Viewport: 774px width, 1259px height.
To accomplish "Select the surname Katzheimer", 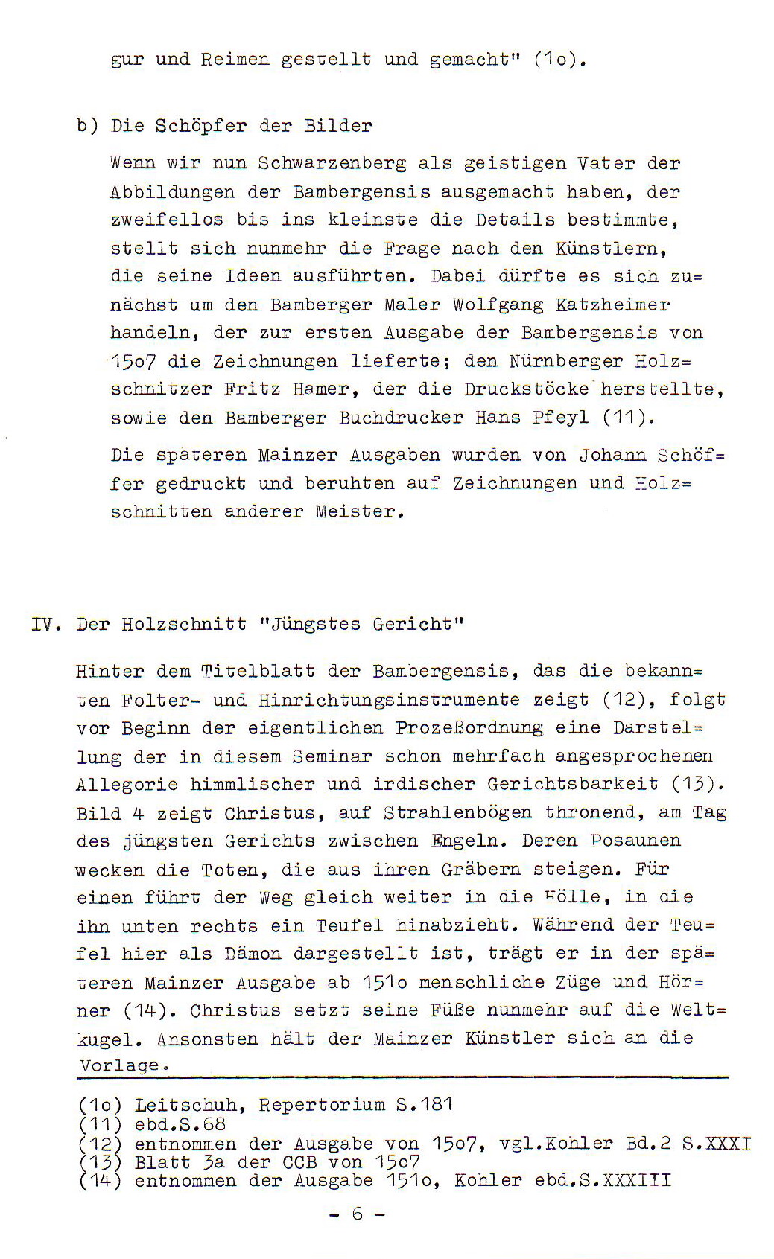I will pos(612,305).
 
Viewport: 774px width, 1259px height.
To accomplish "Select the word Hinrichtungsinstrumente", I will pos(389,701).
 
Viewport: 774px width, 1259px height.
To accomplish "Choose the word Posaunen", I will pos(635,841).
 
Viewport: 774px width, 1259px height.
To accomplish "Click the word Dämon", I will pos(253,954).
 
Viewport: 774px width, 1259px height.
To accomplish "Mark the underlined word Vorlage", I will pos(120,1065).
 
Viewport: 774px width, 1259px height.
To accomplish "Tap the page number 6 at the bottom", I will pos(358,1214).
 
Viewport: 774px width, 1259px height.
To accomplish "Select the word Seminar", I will pos(332,756).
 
